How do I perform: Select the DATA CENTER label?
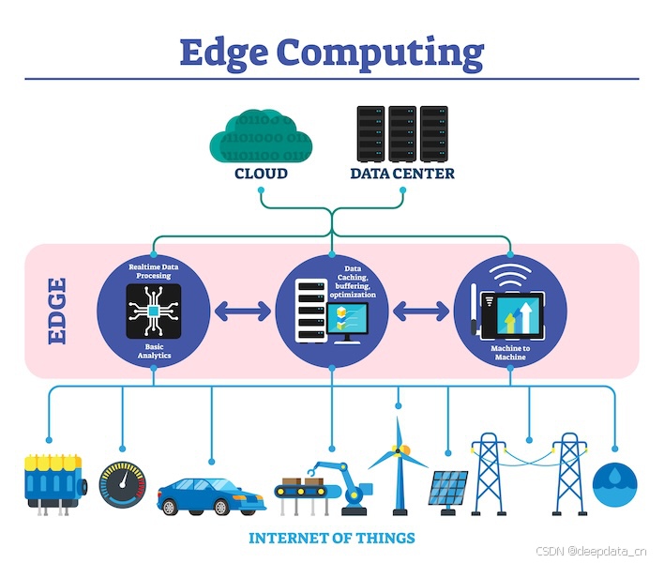(402, 174)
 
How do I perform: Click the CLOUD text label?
(261, 174)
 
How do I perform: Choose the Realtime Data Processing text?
(154, 272)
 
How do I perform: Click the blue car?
(209, 493)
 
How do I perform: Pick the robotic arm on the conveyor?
(348, 483)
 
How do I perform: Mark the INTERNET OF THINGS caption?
(332, 539)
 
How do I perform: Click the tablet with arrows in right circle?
(514, 312)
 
